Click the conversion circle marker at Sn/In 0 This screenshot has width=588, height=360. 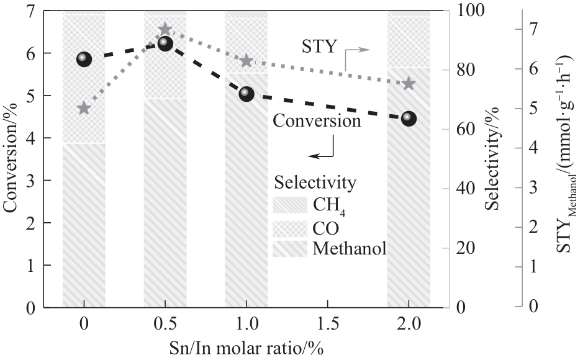(x=84, y=60)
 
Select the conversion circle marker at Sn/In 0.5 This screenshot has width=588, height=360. (x=165, y=43)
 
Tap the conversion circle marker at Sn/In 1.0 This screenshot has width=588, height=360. (x=247, y=94)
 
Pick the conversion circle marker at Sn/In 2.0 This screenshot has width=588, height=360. (x=409, y=118)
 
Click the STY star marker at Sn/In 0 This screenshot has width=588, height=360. (x=84, y=109)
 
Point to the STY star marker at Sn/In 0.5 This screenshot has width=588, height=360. (x=165, y=29)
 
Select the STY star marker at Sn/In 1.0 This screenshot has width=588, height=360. (x=247, y=61)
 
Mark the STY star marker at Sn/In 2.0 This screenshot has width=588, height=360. (x=409, y=84)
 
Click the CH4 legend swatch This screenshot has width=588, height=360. (x=290, y=204)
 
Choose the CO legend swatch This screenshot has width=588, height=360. (x=290, y=227)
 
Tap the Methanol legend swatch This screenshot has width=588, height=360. (x=290, y=249)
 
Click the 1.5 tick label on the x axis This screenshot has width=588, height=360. (x=328, y=325)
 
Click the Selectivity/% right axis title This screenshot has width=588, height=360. (x=493, y=159)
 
